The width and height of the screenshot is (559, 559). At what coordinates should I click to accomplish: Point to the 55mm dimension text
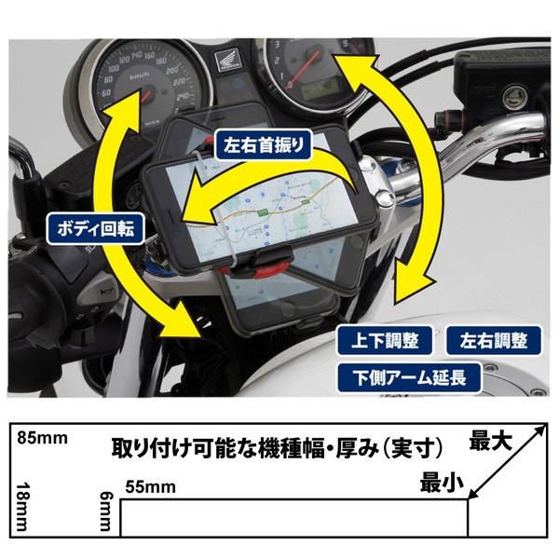[148, 484]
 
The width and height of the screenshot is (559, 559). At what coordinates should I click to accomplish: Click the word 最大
[492, 444]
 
